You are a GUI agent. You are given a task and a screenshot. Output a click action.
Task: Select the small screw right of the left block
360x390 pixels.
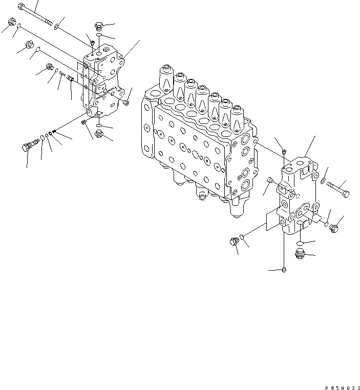point(125,104)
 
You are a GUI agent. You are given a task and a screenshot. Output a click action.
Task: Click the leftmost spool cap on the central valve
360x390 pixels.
point(165,77)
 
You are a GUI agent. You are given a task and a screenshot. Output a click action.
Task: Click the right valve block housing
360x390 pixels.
point(297,200)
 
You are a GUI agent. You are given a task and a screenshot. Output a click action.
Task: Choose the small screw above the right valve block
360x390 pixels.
point(284,151)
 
